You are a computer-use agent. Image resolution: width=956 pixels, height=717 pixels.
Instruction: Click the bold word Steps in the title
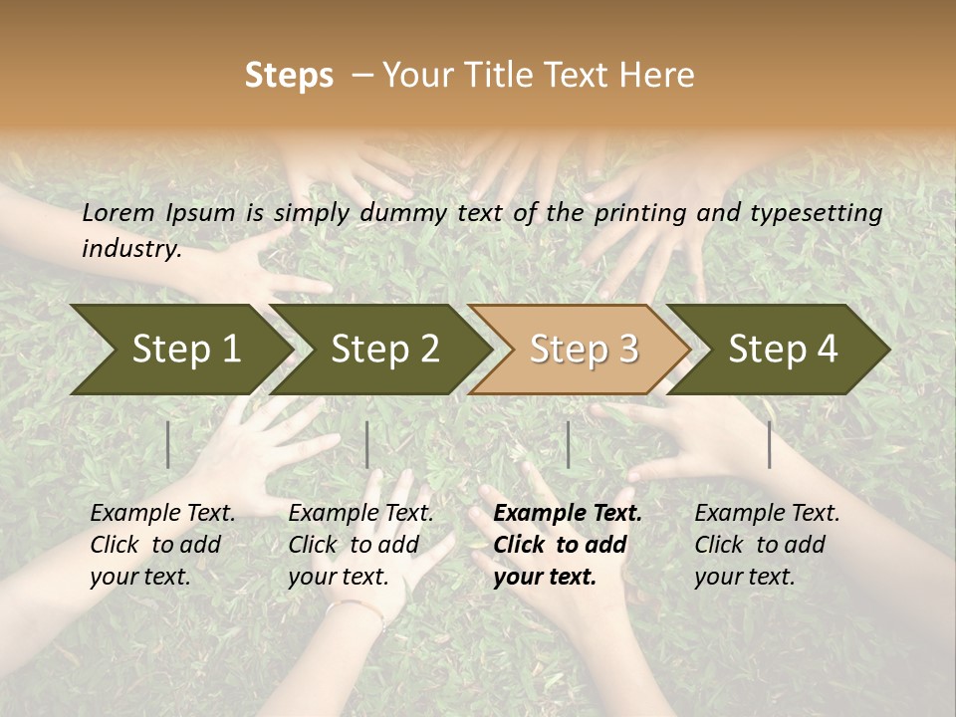pos(289,76)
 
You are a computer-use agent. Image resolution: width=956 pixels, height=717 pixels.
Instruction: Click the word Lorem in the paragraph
pos(119,212)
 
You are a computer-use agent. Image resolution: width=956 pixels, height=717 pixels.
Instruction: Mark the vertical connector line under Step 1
pos(168,444)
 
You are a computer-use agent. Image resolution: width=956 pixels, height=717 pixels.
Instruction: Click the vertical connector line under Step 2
pos(367,444)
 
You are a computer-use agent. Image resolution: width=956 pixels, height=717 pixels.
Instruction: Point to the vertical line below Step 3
pos(568,444)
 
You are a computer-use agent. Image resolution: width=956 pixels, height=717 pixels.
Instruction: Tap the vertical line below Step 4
pos(770,444)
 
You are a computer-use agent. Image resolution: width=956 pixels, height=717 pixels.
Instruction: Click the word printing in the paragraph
pos(644,213)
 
